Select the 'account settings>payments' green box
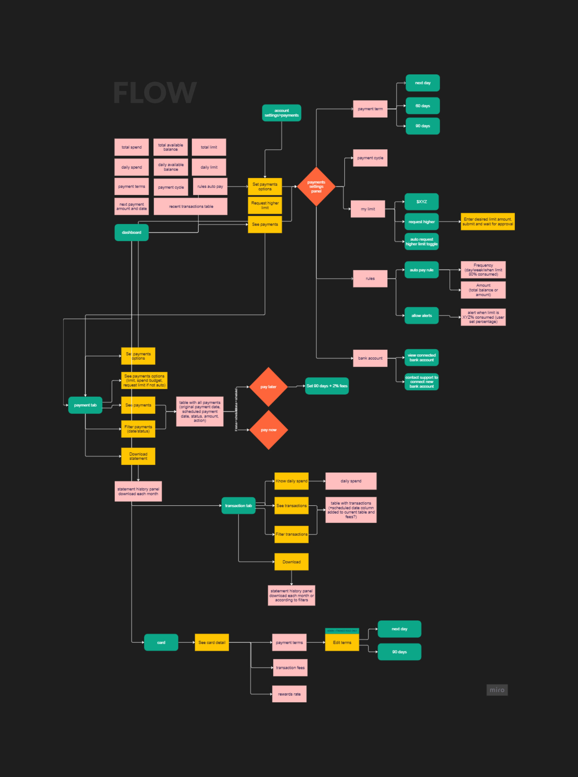point(281,113)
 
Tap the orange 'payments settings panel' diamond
point(316,187)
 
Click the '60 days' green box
point(422,106)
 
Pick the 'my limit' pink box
point(367,209)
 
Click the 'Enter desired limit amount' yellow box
point(487,222)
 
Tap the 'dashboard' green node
point(132,232)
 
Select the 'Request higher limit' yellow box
point(265,205)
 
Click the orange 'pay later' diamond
point(268,387)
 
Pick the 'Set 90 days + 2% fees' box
point(327,386)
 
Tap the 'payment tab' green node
point(85,405)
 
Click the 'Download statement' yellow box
point(138,456)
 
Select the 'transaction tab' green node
point(238,506)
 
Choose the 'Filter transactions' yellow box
point(292,534)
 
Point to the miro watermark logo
point(497,690)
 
